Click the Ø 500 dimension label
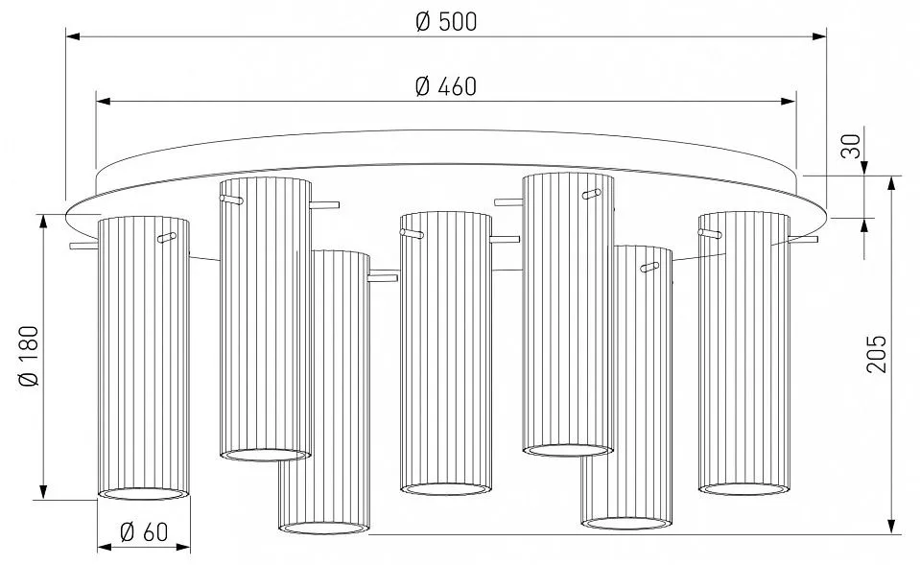[446, 22]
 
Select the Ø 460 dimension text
[446, 87]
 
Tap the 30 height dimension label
[851, 146]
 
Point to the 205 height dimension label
[877, 354]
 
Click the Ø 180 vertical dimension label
[29, 356]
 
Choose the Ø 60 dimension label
[144, 532]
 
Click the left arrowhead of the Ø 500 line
[73, 36]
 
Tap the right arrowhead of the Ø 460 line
[790, 102]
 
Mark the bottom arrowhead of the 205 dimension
[891, 527]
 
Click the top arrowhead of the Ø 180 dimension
[43, 222]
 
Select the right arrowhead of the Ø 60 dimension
[183, 548]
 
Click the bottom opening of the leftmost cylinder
[143, 494]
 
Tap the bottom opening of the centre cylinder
[446, 488]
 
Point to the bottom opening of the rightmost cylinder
[744, 488]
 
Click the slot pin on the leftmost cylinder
[167, 238]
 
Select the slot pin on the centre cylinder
[412, 234]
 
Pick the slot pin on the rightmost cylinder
[710, 233]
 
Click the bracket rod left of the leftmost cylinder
[83, 246]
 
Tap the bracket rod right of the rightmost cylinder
[803, 240]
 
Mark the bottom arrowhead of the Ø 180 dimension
[43, 492]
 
